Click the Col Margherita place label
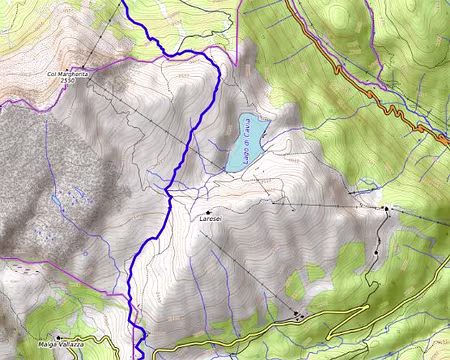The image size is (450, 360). (69, 74)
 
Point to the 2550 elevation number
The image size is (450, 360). (67, 81)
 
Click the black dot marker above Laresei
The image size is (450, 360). (207, 212)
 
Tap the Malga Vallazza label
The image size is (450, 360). (63, 345)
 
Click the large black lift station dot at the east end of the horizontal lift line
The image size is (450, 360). (386, 209)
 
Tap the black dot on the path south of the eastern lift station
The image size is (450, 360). (376, 252)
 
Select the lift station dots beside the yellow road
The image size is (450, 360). (299, 316)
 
